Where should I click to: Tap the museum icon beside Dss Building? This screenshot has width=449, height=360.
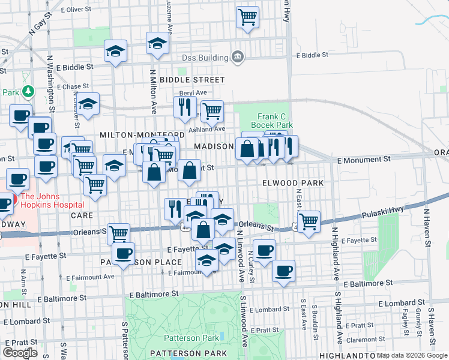pyautogui.click(x=238, y=58)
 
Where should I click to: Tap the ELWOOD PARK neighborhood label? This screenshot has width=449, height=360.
pyautogui.click(x=293, y=182)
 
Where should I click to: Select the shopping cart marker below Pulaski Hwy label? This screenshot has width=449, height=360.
pyautogui.click(x=309, y=221)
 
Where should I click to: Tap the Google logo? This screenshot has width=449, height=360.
pyautogui.click(x=21, y=353)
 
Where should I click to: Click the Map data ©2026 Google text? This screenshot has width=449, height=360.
pyautogui.click(x=412, y=355)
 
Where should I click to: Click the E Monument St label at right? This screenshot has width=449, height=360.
pyautogui.click(x=364, y=160)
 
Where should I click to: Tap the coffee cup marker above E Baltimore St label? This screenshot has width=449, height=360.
pyautogui.click(x=283, y=270)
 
